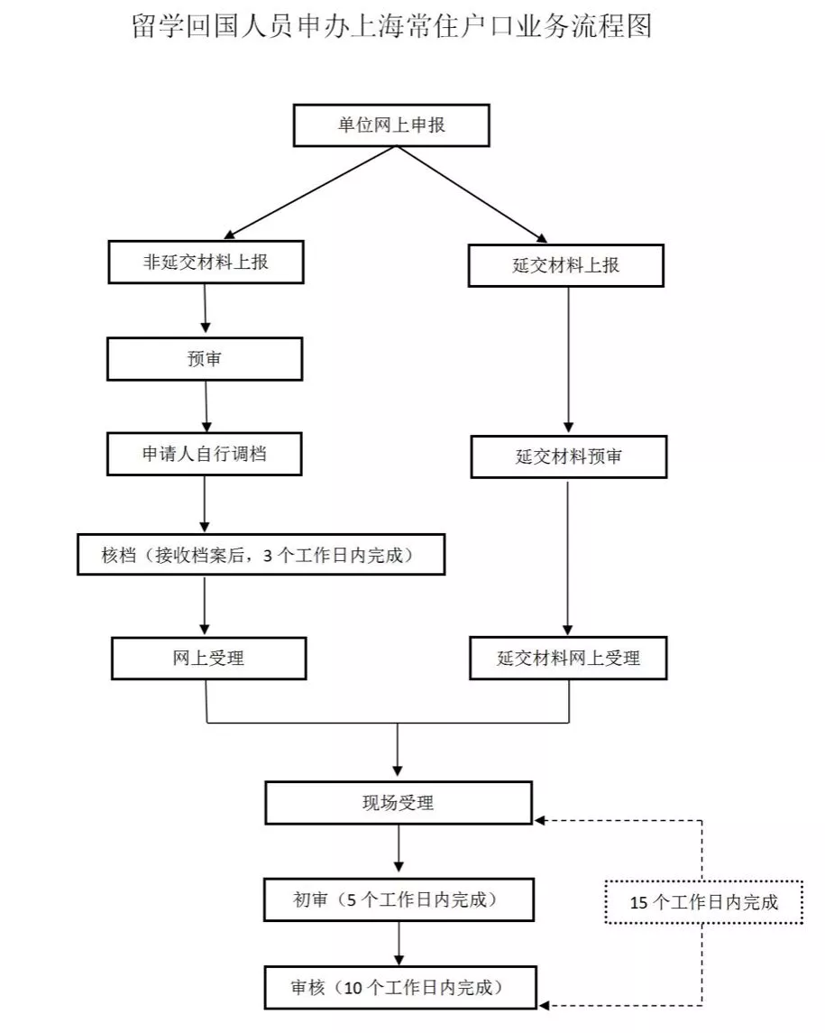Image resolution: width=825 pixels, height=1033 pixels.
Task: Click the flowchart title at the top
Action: coord(391,26)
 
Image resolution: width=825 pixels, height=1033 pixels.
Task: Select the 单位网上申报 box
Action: coord(391,125)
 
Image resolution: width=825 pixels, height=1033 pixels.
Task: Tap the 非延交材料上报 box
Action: coord(206,263)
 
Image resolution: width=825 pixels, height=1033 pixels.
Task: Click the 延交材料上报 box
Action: coord(566,266)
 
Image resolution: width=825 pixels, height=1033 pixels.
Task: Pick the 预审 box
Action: coord(205,359)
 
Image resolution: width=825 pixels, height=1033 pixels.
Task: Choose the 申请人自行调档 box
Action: coord(205,454)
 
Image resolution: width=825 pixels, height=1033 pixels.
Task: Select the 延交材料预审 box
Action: coord(569,457)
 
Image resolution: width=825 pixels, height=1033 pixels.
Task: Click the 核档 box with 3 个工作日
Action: coord(261,555)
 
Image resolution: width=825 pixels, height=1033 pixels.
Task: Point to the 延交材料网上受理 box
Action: coord(569,658)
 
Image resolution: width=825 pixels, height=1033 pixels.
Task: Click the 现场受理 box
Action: coord(398,802)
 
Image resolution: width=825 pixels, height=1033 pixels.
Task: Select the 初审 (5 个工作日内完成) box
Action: coord(397,899)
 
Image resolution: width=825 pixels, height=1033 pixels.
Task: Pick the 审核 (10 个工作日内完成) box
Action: coord(397,987)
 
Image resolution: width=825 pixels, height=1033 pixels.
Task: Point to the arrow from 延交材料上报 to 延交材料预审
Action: coord(568,361)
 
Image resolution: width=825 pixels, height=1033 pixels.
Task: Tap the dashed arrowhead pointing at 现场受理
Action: coord(541,820)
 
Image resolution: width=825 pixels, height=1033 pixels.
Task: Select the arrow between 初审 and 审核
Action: coord(398,944)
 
